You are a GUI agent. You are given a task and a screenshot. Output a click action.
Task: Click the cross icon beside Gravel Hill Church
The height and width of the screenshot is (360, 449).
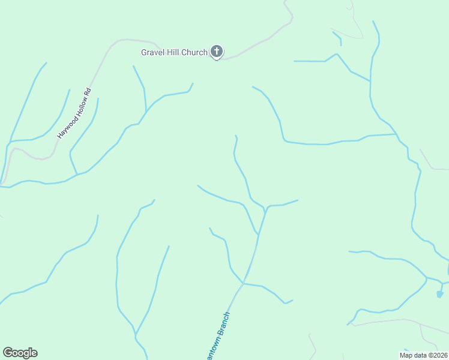217,52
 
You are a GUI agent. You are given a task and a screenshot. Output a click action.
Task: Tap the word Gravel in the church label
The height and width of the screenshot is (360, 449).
153,53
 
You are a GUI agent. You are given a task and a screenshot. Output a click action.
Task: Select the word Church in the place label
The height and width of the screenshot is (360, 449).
194,53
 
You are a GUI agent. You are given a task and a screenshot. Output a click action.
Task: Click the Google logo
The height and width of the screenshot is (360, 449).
20,353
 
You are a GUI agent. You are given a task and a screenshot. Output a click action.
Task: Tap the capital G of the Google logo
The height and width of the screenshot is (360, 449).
8,352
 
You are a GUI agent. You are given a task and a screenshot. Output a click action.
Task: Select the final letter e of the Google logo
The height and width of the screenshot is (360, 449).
34,353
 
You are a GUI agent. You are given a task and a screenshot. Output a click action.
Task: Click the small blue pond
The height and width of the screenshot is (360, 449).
439,294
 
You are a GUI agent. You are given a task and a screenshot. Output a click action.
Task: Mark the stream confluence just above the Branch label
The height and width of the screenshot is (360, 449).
243,283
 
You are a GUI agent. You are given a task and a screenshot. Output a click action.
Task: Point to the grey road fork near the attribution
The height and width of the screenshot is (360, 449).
420,325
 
